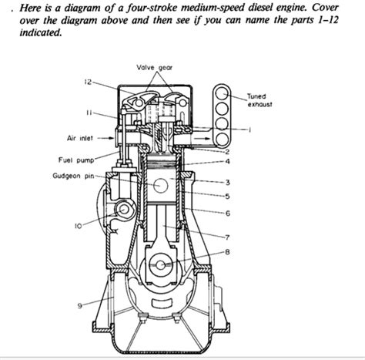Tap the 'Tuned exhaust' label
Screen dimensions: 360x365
click(256, 99)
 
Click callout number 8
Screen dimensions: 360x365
click(225, 251)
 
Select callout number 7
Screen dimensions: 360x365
click(226, 236)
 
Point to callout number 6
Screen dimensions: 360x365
click(228, 212)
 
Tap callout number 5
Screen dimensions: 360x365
click(228, 196)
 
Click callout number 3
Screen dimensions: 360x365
click(228, 182)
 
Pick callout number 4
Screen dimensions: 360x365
click(228, 161)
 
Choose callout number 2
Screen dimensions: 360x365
click(228, 152)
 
